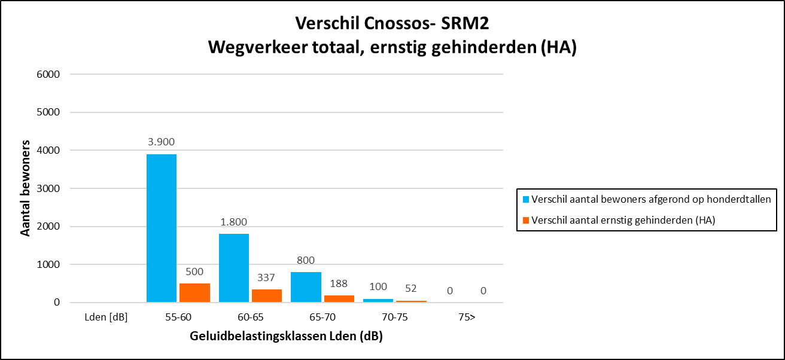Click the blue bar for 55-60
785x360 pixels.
pos(162,228)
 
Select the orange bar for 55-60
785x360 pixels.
pos(194,292)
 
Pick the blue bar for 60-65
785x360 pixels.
pos(234,268)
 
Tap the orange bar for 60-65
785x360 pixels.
pos(267,295)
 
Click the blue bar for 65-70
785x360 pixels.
pos(306,287)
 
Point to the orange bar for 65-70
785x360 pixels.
pos(339,298)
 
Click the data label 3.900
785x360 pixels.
pos(162,142)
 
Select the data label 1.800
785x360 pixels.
pos(234,222)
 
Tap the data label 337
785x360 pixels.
pos(267,277)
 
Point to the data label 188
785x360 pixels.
pos(339,283)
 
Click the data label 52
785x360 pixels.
pos(411,288)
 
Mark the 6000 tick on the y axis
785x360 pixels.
pos(48,74)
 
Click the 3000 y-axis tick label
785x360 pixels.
pos(48,188)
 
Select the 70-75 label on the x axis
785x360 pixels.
pos(394,317)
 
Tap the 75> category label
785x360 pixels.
pos(467,317)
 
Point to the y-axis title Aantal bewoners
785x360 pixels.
pos(26,188)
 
